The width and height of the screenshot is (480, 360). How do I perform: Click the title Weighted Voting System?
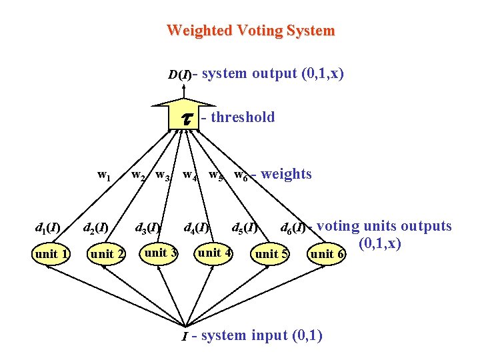pyautogui.click(x=251, y=31)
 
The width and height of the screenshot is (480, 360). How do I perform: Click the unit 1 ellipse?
pyautogui.click(x=51, y=253)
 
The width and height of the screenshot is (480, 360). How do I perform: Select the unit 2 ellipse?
pyautogui.click(x=107, y=254)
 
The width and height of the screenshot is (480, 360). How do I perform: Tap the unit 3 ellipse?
pyautogui.click(x=160, y=253)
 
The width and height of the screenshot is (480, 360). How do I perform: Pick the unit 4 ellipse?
pyautogui.click(x=214, y=253)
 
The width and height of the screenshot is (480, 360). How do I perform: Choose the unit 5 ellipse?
pyautogui.click(x=271, y=254)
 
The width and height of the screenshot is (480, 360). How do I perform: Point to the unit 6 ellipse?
pyautogui.click(x=327, y=254)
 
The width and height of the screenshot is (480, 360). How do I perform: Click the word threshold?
pyautogui.click(x=243, y=117)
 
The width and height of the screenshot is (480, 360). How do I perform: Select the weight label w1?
pyautogui.click(x=104, y=175)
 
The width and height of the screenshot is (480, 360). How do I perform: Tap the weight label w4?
pyautogui.click(x=190, y=176)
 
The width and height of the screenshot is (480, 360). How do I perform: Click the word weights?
pyautogui.click(x=286, y=174)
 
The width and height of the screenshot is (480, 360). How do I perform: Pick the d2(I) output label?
pyautogui.click(x=95, y=229)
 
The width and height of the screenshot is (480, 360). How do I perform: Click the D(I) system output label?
pyautogui.click(x=179, y=74)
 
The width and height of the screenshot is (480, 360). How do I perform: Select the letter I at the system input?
pyautogui.click(x=185, y=337)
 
